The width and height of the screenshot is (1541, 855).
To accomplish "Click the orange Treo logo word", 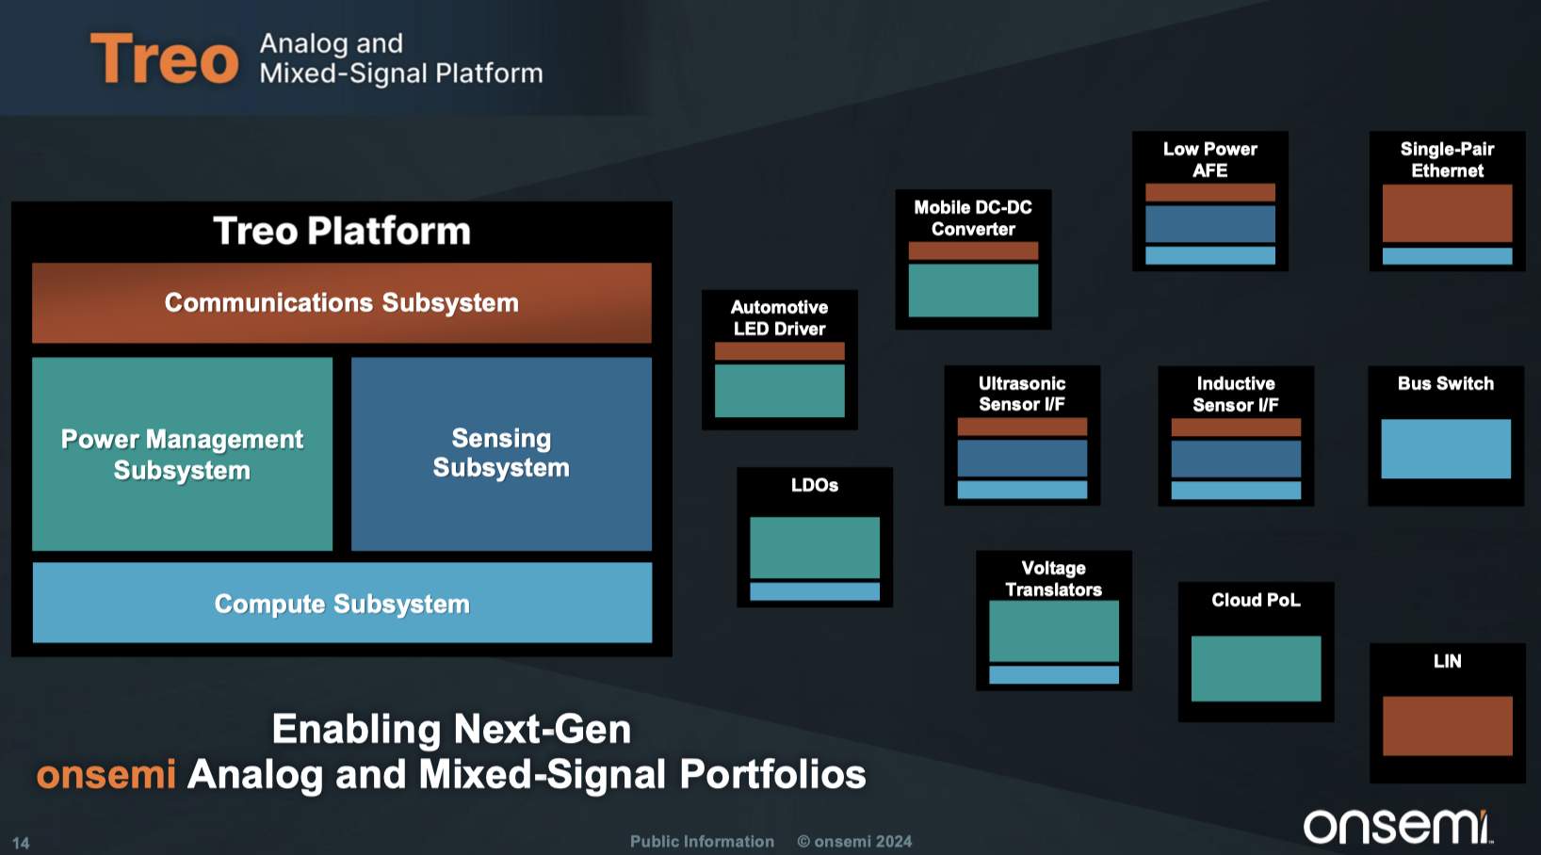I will click(165, 58).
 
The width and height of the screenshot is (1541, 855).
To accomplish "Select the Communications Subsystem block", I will click(341, 302).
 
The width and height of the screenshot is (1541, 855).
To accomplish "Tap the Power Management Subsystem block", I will click(182, 454).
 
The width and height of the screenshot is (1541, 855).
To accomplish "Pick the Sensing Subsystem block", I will click(501, 453).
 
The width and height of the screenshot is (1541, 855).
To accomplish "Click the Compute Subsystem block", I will click(342, 603).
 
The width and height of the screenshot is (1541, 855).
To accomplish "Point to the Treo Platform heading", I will click(342, 231).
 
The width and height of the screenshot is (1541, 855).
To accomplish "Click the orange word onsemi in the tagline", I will click(106, 775).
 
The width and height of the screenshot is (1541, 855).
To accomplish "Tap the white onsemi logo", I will click(1398, 826).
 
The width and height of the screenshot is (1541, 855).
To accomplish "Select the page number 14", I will click(21, 843).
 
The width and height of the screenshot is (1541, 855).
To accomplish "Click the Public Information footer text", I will click(702, 841).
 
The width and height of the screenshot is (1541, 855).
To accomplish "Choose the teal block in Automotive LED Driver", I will click(779, 390).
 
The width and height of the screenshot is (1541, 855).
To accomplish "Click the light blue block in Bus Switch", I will click(1446, 448).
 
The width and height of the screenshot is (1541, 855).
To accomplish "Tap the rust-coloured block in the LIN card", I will click(1447, 725).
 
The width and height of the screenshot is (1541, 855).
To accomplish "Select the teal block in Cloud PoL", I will click(1256, 668).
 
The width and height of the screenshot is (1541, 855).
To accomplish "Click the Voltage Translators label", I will click(1053, 578).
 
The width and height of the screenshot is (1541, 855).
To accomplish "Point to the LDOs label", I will click(815, 485).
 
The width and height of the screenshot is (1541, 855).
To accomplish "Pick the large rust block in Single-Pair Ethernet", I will click(1447, 213).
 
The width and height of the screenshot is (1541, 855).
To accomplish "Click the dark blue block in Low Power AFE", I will click(1209, 224).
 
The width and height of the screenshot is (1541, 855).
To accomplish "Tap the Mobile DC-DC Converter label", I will click(973, 218).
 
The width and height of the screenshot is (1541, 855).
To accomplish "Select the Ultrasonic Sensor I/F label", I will click(1022, 394).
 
